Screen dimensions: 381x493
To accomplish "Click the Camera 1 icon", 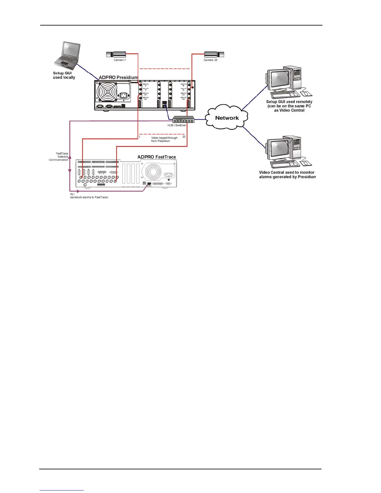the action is [x=116, y=54].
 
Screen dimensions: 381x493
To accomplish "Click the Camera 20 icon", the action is [x=214, y=54].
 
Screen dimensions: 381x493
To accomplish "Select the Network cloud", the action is [x=227, y=118].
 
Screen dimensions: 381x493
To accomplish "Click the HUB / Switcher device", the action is [x=183, y=119].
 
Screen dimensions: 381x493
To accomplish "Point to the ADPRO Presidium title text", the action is [x=118, y=77].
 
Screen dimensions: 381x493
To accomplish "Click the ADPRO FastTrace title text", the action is [x=157, y=157].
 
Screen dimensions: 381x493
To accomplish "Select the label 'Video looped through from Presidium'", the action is [x=164, y=139].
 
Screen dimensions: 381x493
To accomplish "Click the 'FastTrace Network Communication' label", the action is [x=59, y=157].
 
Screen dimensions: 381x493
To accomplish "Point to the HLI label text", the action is [x=72, y=194].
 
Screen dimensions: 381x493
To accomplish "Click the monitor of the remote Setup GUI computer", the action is [x=279, y=80].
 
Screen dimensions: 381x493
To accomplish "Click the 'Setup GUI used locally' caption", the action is [x=64, y=75].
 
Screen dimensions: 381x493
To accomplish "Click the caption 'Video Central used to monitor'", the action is [x=287, y=172].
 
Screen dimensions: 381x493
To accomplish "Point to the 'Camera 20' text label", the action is [x=210, y=60].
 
